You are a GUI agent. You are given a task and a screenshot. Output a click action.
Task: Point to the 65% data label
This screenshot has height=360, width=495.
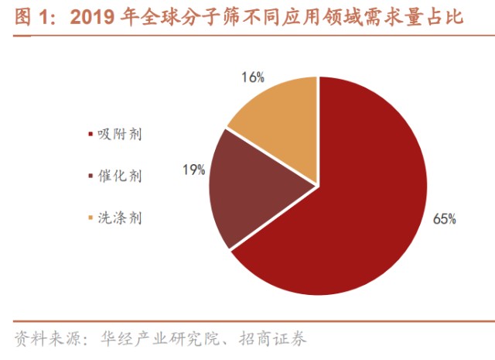[x=445, y=219]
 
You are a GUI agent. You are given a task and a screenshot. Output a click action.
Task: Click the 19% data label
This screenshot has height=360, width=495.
[x=194, y=168]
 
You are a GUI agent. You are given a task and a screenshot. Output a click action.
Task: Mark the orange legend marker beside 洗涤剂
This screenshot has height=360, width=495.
[x=91, y=219]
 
